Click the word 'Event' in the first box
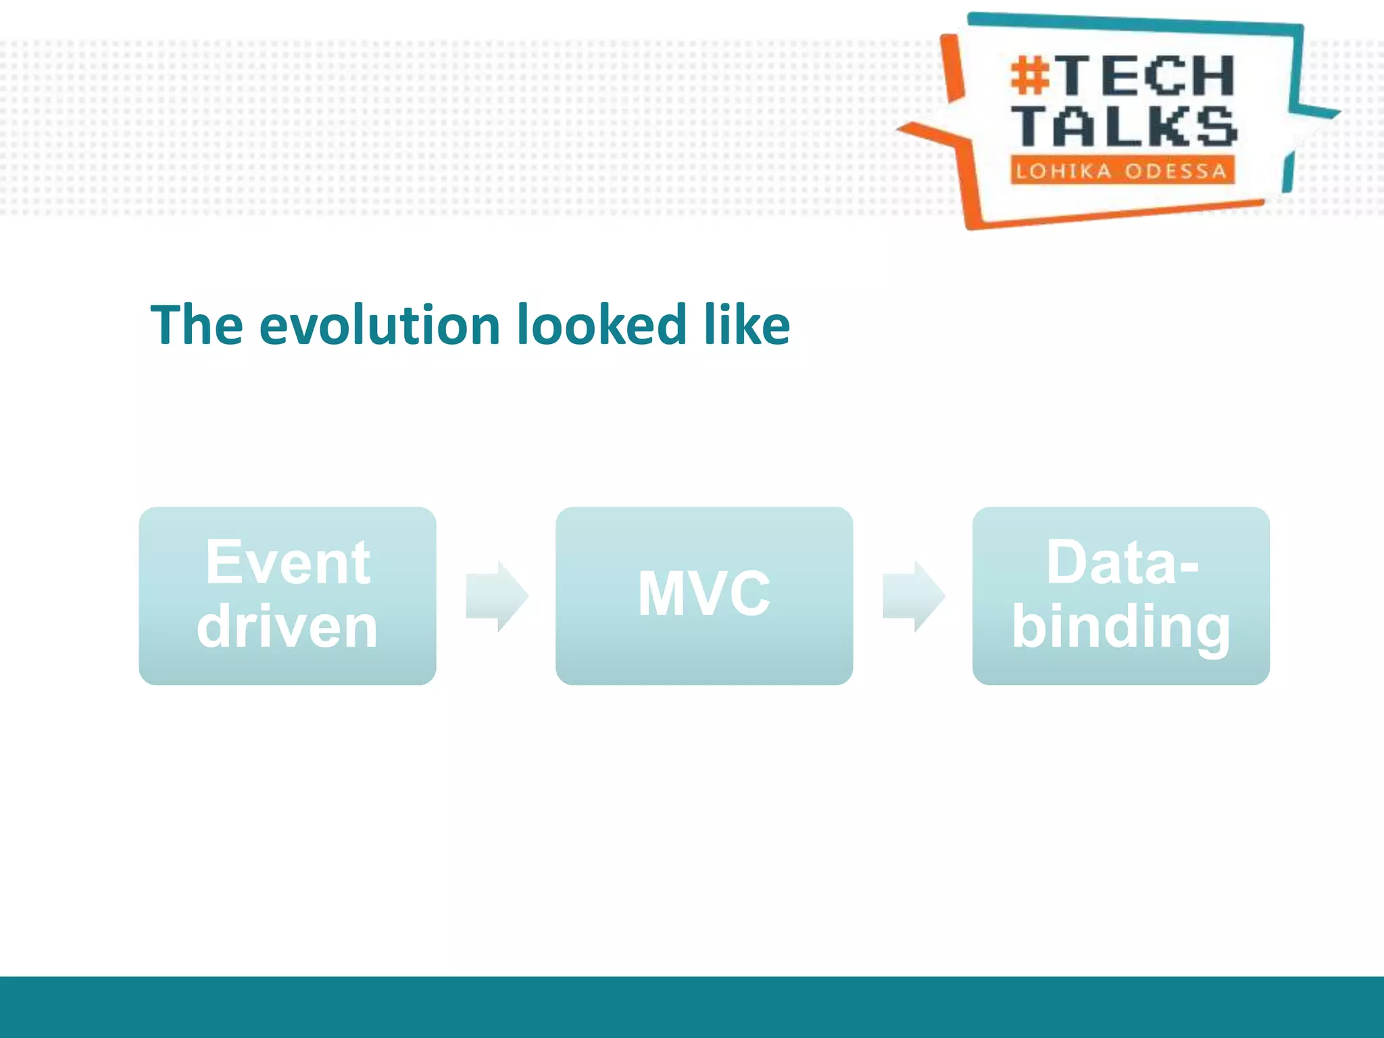(288, 562)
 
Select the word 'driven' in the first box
(287, 627)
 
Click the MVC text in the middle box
(703, 594)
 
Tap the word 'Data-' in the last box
(1122, 562)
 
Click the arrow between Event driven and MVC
(497, 596)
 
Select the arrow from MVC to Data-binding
(914, 596)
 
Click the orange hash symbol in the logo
(1029, 76)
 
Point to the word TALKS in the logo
(1124, 126)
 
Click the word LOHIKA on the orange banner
(1063, 171)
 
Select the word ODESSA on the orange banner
(1175, 171)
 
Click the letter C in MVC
(745, 594)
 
